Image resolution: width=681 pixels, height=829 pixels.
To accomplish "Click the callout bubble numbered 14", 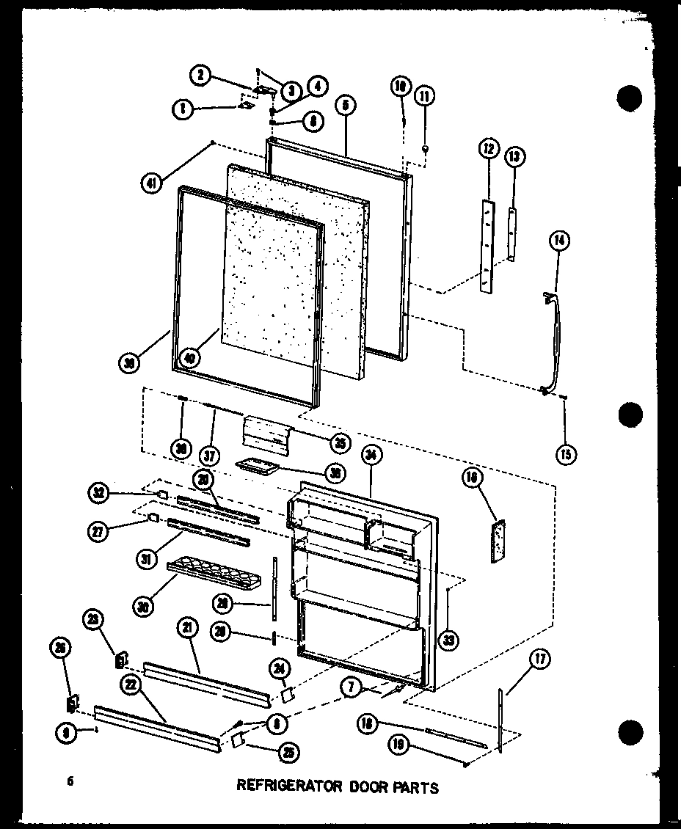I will pos(561,240).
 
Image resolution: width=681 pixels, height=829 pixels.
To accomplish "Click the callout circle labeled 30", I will pos(144,606).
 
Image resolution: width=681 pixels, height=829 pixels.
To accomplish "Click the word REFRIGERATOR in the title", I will pos(289,786).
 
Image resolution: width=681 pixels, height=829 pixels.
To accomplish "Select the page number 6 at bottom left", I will pos(70,781).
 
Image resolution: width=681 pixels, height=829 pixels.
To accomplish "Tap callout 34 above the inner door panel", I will pos(371,456).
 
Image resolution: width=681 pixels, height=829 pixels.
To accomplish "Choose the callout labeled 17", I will pos(540,659).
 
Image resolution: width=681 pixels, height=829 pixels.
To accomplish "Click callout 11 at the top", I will pos(424,95).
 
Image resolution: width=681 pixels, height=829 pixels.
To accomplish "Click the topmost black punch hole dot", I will pos(630,98).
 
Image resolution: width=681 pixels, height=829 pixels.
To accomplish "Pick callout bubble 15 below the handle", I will pos(566,454).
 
